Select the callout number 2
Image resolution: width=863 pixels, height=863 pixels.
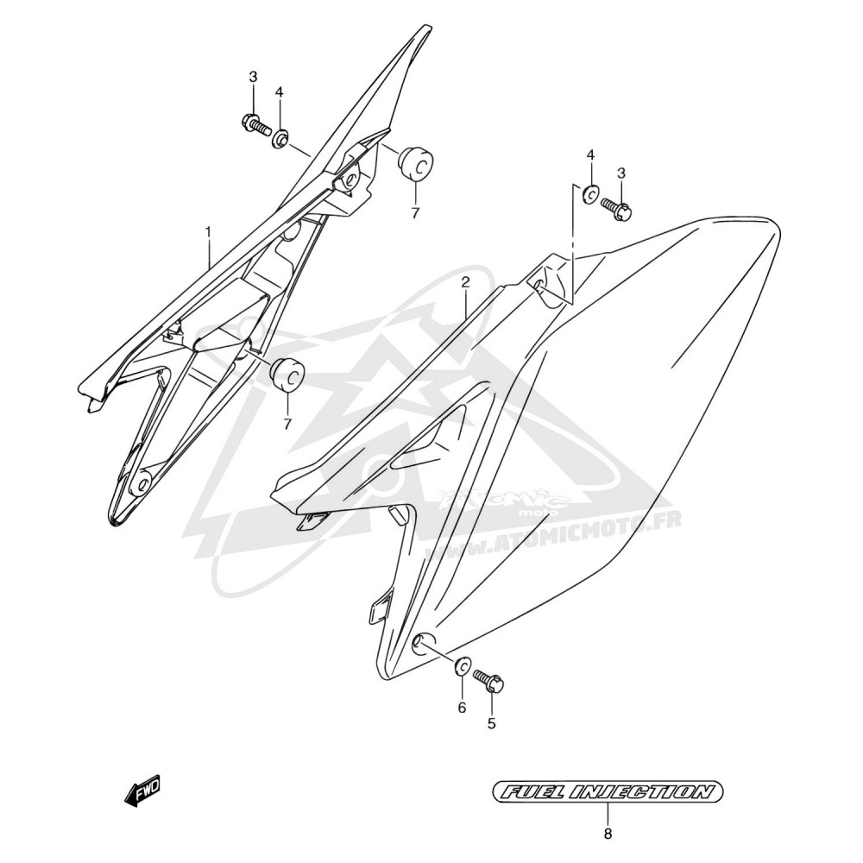pos(466,283)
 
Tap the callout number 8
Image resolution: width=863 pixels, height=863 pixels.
pos(608,835)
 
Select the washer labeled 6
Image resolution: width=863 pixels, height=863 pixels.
pos(462,666)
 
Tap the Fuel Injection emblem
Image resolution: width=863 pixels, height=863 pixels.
pos(607,792)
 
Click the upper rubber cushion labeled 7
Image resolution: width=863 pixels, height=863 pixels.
pos(416,163)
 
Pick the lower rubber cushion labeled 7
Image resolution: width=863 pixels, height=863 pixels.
pos(287,375)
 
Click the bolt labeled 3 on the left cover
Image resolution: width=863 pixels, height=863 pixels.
pos(256,123)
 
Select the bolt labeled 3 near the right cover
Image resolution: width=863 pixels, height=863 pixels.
pos(616,208)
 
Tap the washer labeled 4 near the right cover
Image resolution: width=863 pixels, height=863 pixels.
pos(591,194)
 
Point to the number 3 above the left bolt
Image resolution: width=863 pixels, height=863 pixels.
pos(253,77)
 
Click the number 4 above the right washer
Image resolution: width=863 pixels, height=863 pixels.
pos(590,155)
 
